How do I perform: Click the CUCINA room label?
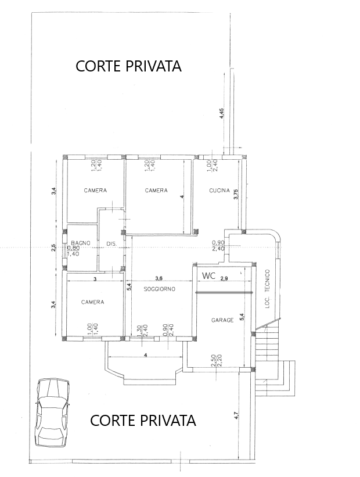219,191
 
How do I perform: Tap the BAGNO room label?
81,243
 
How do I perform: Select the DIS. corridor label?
111,244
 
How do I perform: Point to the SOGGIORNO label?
159,289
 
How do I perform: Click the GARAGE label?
222,320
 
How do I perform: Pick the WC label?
209,276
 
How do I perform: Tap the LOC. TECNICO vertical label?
268,289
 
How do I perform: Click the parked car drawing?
52,413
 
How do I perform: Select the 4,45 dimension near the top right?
222,113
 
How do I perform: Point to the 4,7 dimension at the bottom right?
236,416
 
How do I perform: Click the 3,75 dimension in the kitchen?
236,195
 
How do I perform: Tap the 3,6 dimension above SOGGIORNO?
159,278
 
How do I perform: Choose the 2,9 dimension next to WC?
224,278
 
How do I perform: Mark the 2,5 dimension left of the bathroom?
54,247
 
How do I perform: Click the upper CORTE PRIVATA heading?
128,66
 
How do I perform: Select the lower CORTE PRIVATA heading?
143,420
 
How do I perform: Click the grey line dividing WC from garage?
224,293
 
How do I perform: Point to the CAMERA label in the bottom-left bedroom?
93,302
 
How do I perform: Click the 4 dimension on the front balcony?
145,355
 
